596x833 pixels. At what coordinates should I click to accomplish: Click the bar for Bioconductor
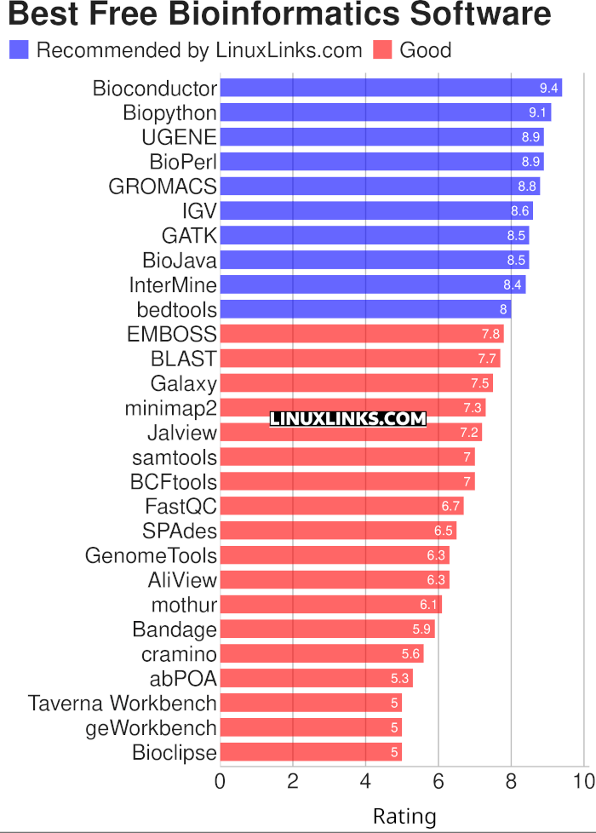(x=391, y=88)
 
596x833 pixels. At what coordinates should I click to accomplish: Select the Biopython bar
(x=386, y=112)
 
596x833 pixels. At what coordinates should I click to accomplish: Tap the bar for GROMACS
(x=380, y=186)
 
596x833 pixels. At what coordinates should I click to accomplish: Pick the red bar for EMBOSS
(x=362, y=334)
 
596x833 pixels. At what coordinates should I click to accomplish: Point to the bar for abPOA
(x=317, y=679)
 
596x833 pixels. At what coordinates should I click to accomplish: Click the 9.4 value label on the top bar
(x=548, y=88)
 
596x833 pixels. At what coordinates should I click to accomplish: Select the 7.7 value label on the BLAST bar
(x=487, y=359)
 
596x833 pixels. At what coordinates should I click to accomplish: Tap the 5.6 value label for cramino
(x=410, y=654)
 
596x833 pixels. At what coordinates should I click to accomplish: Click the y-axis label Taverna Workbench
(x=122, y=704)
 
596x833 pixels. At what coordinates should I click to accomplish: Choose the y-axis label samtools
(x=175, y=457)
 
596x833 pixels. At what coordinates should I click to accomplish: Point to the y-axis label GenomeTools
(x=151, y=556)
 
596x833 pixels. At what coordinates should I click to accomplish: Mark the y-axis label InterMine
(x=173, y=284)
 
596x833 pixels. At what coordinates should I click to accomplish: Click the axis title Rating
(x=404, y=817)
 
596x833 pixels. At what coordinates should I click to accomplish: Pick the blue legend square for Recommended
(x=19, y=50)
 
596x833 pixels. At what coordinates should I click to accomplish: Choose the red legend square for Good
(x=382, y=50)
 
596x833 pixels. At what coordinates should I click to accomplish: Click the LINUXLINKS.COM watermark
(x=347, y=418)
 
